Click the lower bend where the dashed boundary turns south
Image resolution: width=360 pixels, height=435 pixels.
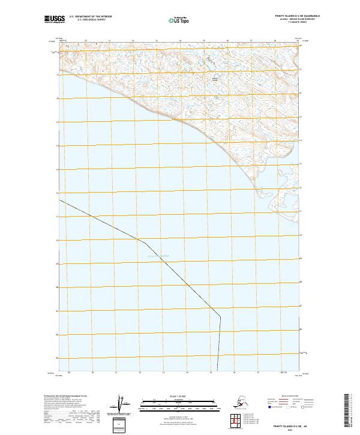click(220, 316)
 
